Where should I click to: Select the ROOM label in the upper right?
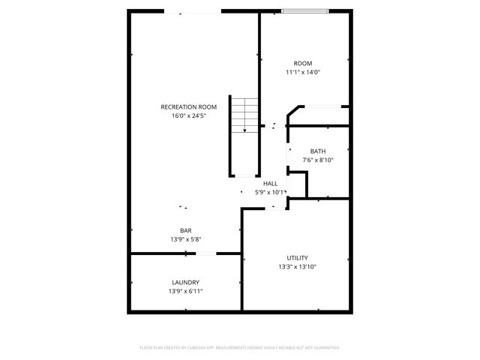click(303, 63)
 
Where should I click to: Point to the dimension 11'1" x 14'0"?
click(303, 72)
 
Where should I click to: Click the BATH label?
click(318, 151)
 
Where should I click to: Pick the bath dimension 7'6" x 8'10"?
click(318, 160)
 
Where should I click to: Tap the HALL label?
click(271, 183)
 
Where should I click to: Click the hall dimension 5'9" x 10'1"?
click(271, 192)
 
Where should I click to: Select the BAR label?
click(185, 230)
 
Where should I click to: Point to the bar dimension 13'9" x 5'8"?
click(185, 239)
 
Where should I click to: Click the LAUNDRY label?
click(185, 282)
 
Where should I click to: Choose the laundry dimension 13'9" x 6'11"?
click(185, 291)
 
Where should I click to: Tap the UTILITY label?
click(297, 257)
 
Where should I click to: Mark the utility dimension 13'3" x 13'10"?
click(297, 266)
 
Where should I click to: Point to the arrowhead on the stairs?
click(244, 130)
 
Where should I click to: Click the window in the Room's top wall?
click(304, 10)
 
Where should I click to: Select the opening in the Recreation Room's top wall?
click(193, 11)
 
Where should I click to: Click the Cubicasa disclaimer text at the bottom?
click(240, 347)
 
